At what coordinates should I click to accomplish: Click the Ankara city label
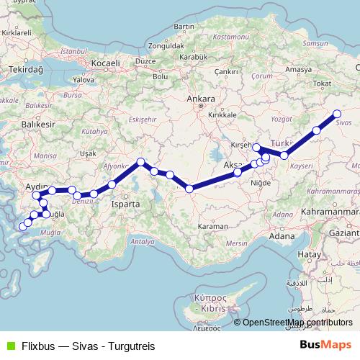(200, 99)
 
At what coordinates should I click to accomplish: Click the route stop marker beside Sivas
(336, 113)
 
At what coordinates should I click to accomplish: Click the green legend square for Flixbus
(9, 346)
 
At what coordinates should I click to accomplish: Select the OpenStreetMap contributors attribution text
(297, 323)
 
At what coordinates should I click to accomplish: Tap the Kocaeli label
(105, 63)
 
